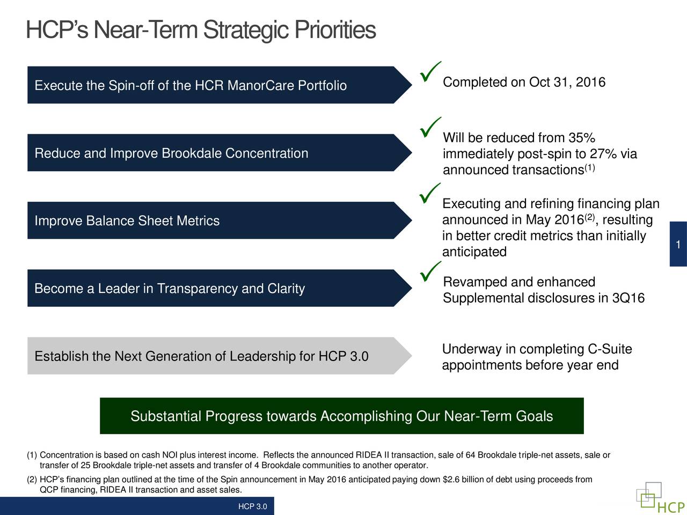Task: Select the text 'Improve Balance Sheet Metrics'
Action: (127, 221)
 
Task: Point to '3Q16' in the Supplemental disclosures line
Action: (628, 298)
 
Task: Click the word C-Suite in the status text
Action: (610, 350)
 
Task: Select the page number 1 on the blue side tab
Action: (678, 245)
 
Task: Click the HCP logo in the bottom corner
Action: (660, 499)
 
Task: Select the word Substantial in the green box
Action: (166, 416)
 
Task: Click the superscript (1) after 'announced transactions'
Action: (590, 168)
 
